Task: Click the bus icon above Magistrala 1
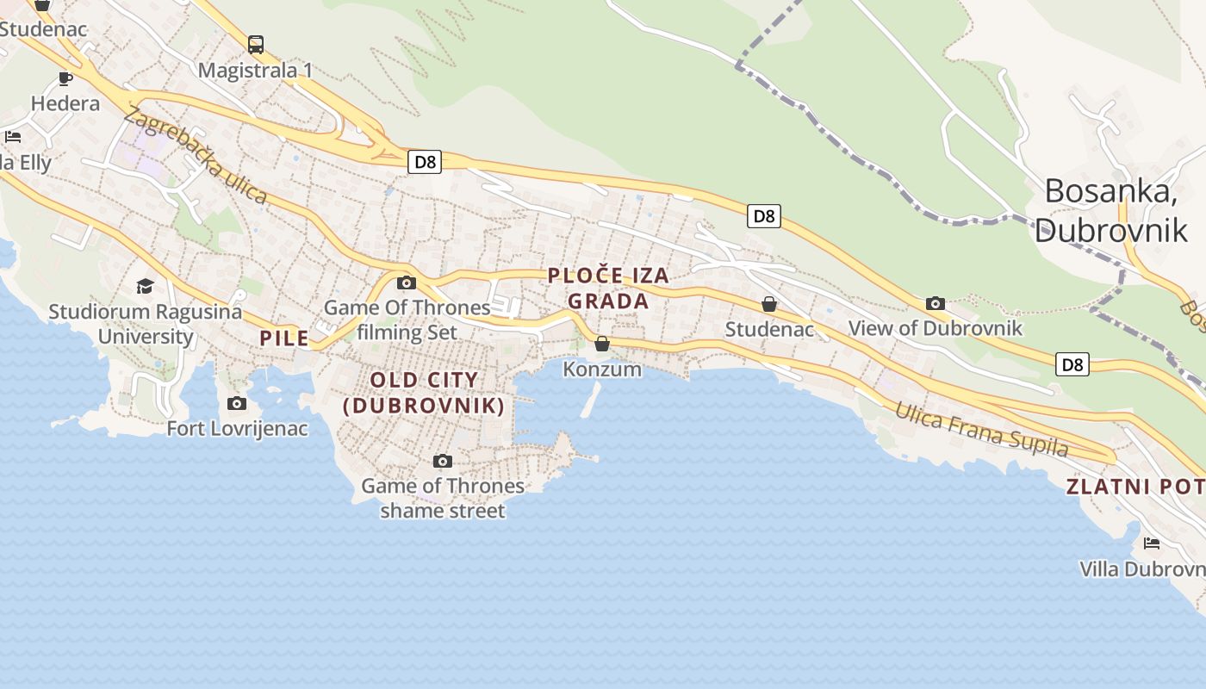click(x=256, y=44)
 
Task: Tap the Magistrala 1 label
click(x=255, y=71)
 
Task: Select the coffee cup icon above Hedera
click(x=65, y=79)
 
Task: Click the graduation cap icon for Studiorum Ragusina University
click(x=145, y=286)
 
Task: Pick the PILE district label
click(x=284, y=338)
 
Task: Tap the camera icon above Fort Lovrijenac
click(x=236, y=403)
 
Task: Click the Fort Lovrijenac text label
click(x=237, y=428)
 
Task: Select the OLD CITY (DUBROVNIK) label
click(x=424, y=393)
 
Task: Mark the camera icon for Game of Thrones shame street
click(x=442, y=461)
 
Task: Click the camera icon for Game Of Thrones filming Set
click(x=407, y=282)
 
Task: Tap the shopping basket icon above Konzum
click(x=602, y=344)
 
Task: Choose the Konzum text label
click(x=602, y=369)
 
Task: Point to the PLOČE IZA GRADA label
click(x=608, y=289)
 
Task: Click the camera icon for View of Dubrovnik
click(x=936, y=303)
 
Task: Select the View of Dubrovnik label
click(x=936, y=328)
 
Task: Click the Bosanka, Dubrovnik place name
click(x=1111, y=210)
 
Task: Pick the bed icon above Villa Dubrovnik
click(x=1152, y=543)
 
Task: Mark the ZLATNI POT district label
click(x=1135, y=487)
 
